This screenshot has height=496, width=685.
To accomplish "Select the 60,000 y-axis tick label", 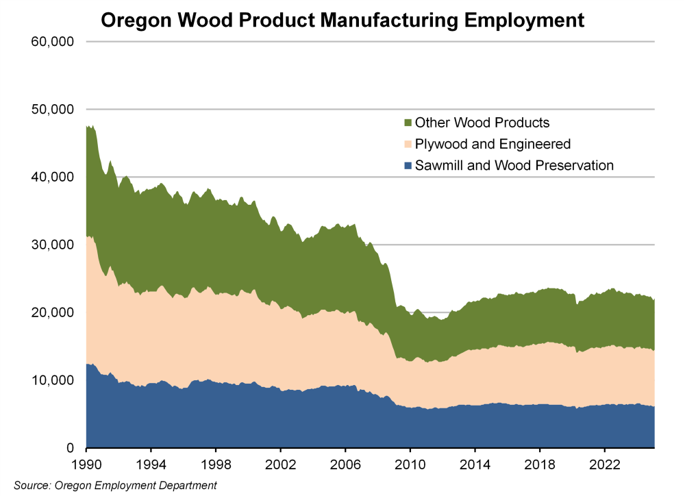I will coord(52,42).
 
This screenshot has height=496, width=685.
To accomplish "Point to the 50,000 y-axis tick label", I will coord(52,110).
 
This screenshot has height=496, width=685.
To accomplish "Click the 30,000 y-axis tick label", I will coord(52,245).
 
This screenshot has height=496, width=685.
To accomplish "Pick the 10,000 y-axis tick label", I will coord(52,380).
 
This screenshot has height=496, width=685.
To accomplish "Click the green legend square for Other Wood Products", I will coord(408,123).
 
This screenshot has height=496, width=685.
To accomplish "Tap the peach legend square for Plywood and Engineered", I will coord(408,145).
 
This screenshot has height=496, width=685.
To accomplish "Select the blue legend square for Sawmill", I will coord(408,165).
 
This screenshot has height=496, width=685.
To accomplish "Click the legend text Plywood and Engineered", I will coord(493,145).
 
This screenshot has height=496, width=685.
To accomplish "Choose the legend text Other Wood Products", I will coord(482,123).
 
